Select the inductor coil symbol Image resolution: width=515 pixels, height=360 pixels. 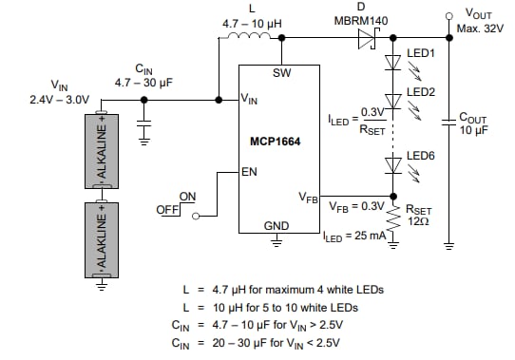point(252,38)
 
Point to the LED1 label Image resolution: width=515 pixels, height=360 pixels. point(420,54)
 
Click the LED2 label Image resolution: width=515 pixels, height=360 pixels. point(420,93)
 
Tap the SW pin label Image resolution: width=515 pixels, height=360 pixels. point(281,73)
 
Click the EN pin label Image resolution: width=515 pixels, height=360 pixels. point(250,172)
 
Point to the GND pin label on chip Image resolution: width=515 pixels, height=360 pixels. point(277,225)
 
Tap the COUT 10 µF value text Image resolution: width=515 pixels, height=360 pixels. point(472,130)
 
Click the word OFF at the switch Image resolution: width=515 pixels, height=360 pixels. point(167,209)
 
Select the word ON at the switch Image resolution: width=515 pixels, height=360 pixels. point(188,197)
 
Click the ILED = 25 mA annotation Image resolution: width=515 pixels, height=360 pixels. point(353,236)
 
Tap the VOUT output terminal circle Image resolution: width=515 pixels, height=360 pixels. point(448,16)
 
